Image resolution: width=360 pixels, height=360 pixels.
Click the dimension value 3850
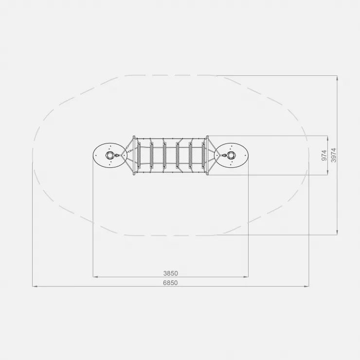[171, 273]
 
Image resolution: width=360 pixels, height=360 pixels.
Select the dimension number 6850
[170, 283]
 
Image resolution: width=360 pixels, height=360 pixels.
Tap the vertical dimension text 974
[324, 156]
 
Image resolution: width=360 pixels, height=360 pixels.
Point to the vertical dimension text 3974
[333, 155]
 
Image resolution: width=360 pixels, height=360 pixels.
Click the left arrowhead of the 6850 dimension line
[35, 287]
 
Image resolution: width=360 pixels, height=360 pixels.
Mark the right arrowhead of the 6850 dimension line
[306, 287]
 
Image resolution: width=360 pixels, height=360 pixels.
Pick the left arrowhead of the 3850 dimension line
[95, 277]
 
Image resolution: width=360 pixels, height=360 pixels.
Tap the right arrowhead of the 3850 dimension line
[246, 277]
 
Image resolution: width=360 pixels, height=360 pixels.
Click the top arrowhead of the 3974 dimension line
[337, 78]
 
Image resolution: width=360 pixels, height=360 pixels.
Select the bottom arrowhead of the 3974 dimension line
[337, 233]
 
